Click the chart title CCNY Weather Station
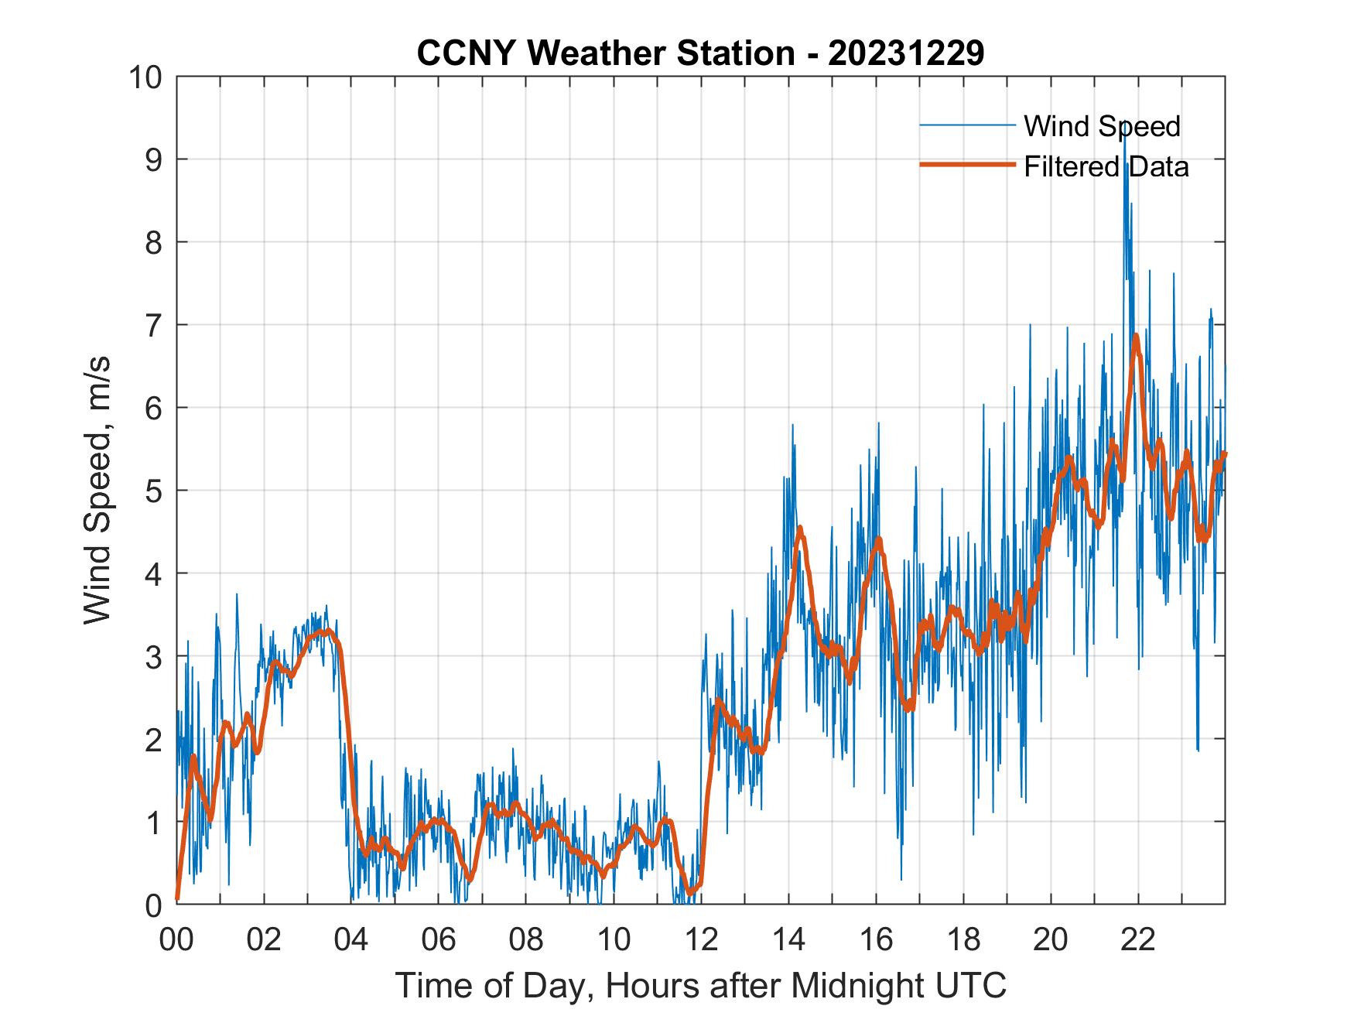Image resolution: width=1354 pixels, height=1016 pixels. (x=606, y=53)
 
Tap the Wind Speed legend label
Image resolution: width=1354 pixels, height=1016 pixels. (x=1102, y=126)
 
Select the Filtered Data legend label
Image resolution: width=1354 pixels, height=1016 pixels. (x=1106, y=166)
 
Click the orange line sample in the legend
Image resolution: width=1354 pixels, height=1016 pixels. (x=967, y=165)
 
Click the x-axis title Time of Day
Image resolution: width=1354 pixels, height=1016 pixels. (x=700, y=986)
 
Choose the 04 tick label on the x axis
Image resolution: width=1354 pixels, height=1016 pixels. (x=351, y=939)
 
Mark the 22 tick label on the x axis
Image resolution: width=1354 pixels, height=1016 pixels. (x=1138, y=939)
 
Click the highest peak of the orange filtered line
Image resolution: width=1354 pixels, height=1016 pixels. (x=1135, y=336)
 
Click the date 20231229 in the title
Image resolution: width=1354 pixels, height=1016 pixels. (x=906, y=53)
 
